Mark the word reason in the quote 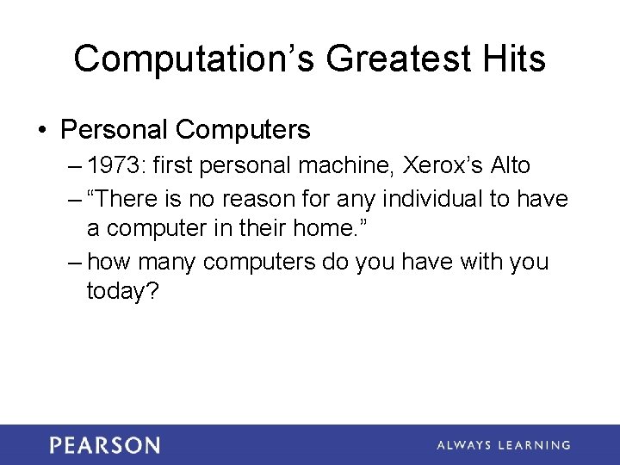(x=257, y=199)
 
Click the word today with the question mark (x=122, y=292)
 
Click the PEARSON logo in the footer (x=104, y=445)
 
